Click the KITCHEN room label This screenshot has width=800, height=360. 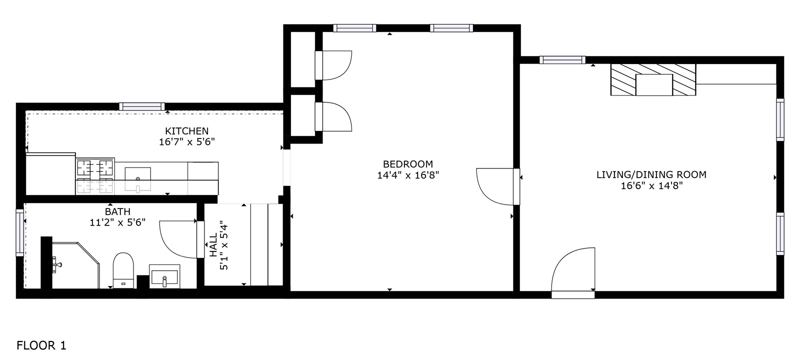tap(186, 131)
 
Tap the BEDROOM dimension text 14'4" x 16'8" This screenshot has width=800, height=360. tap(407, 175)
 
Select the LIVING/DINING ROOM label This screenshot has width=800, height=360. tap(651, 174)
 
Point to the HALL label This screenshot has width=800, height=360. tap(213, 244)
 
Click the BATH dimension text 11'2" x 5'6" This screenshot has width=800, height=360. tap(117, 222)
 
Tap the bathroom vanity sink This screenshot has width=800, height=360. tap(164, 276)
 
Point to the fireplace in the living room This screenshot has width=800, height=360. tap(653, 79)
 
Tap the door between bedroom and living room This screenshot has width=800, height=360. tap(496, 186)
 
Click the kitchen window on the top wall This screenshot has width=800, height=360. tap(142, 106)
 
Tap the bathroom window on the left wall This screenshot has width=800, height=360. tap(20, 232)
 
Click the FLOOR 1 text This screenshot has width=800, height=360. tap(41, 345)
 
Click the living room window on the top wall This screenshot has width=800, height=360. tap(562, 60)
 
